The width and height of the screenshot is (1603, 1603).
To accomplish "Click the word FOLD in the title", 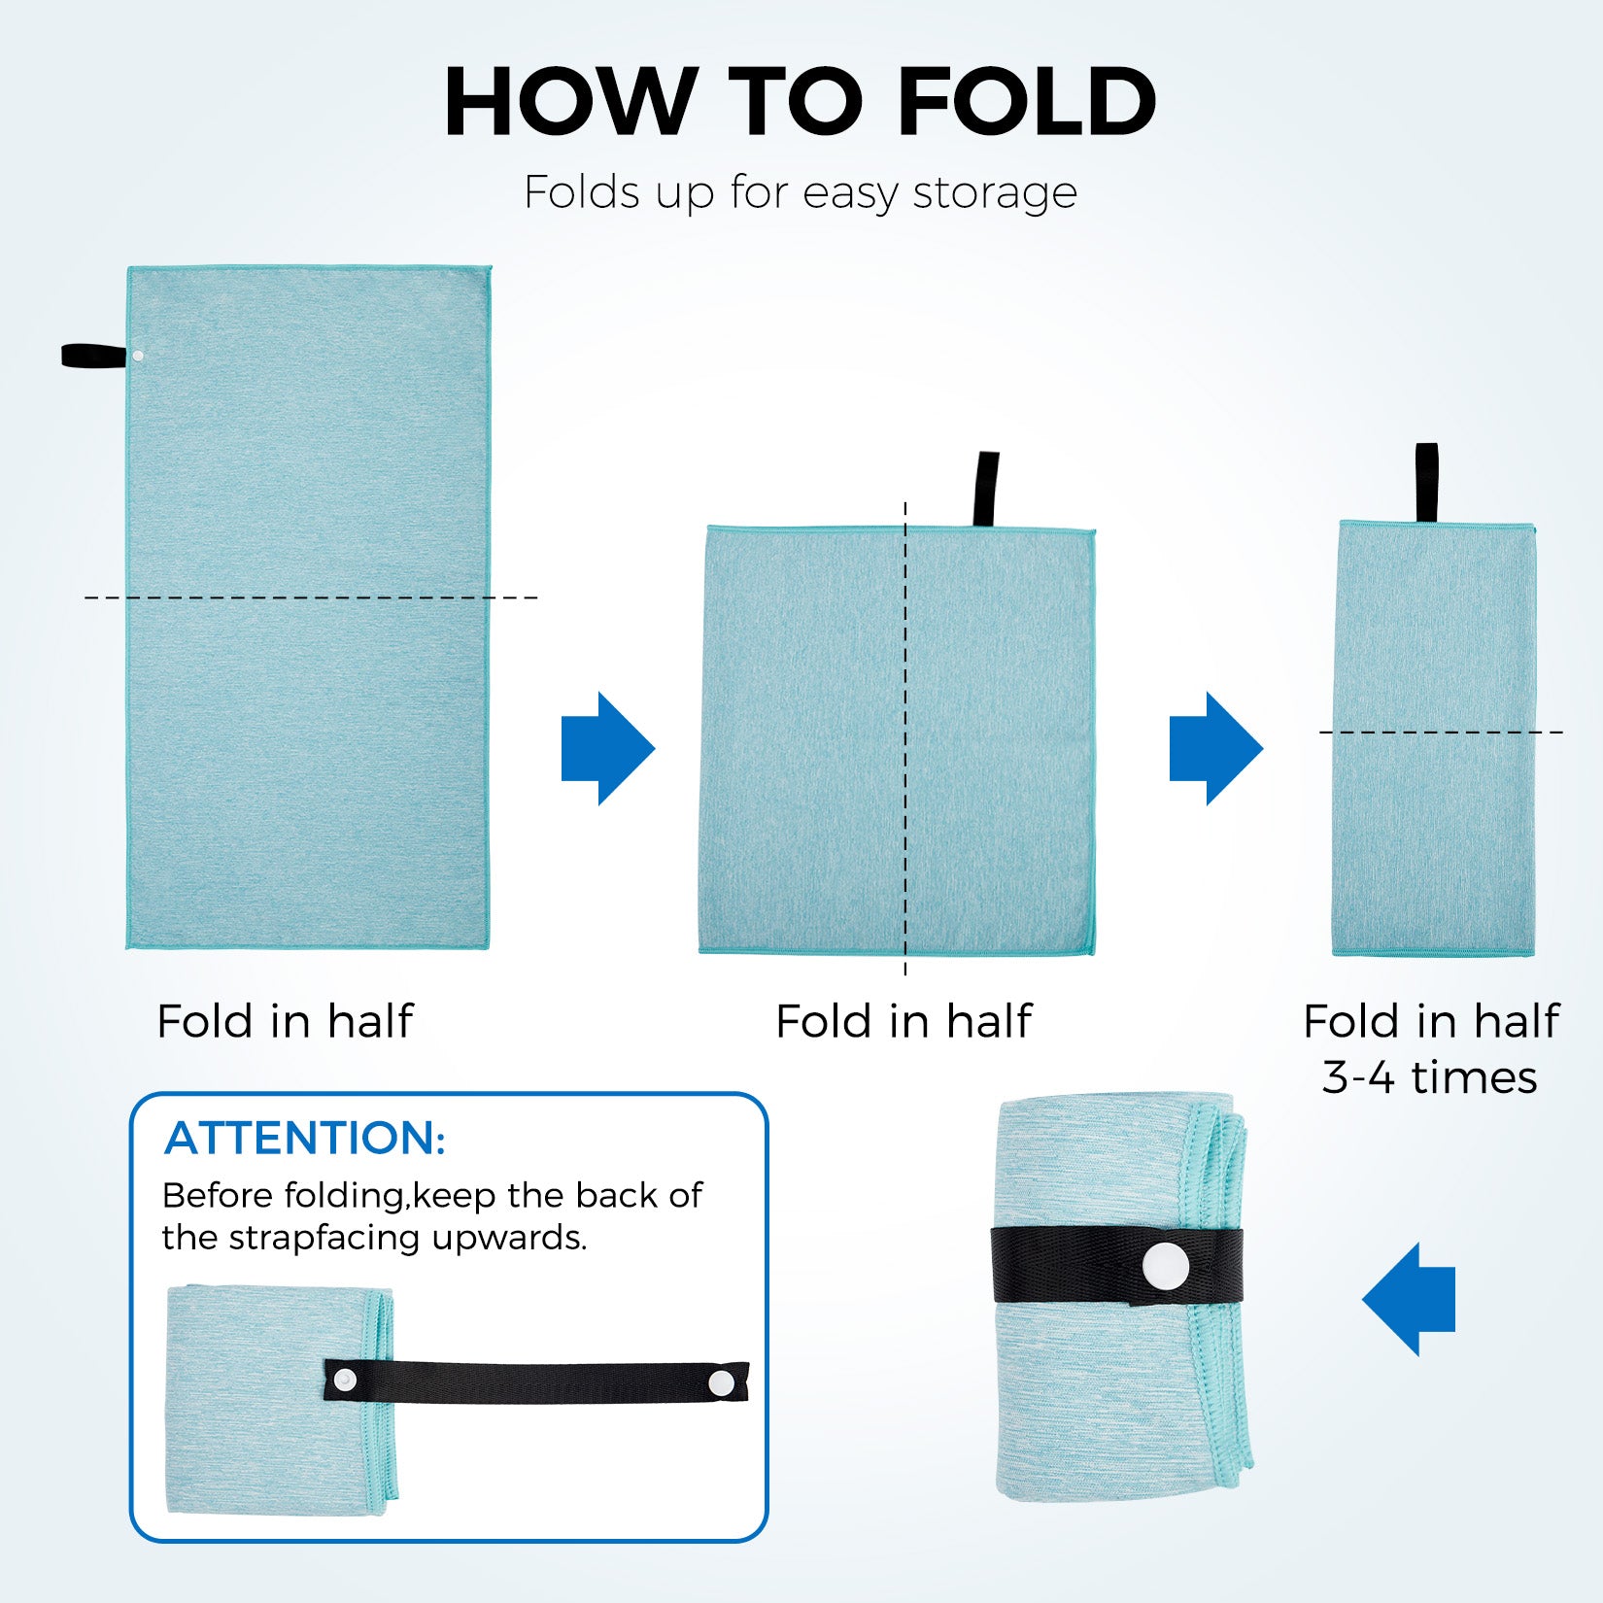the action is pyautogui.click(x=1027, y=102).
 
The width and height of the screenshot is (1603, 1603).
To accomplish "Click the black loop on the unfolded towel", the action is pyautogui.click(x=94, y=356).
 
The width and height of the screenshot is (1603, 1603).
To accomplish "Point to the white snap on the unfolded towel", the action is pyautogui.click(x=138, y=357).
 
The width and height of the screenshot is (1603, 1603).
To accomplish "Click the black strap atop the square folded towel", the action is pyautogui.click(x=986, y=489).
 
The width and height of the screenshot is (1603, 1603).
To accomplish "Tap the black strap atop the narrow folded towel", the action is pyautogui.click(x=1426, y=483).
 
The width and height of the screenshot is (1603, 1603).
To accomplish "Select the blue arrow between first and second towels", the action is pyautogui.click(x=608, y=748).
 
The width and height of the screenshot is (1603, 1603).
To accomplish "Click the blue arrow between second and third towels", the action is pyautogui.click(x=1215, y=748).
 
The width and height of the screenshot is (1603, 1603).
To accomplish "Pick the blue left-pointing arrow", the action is pyautogui.click(x=1409, y=1299).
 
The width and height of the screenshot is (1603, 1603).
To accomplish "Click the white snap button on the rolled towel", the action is pyautogui.click(x=1165, y=1266).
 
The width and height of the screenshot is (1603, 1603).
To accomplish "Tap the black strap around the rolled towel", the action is pyautogui.click(x=1116, y=1266).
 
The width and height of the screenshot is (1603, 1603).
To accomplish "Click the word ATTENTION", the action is pyautogui.click(x=305, y=1138).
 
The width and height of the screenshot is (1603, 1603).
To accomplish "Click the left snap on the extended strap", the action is pyautogui.click(x=345, y=1379).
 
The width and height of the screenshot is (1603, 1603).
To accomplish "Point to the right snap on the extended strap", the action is pyautogui.click(x=720, y=1382).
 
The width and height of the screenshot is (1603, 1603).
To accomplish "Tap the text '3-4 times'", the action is pyautogui.click(x=1430, y=1077).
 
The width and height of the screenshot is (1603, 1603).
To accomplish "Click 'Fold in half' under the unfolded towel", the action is pyautogui.click(x=285, y=1021).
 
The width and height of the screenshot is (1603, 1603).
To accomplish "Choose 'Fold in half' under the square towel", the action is pyautogui.click(x=904, y=1021).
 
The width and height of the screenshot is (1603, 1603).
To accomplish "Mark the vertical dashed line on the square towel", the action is pyautogui.click(x=905, y=738).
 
